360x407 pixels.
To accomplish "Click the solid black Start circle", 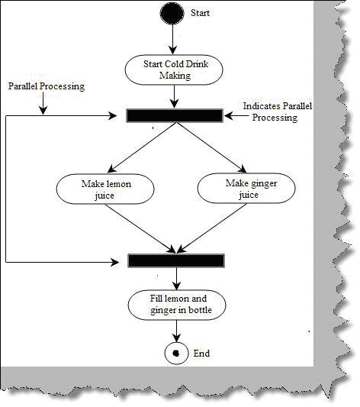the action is click(x=172, y=13).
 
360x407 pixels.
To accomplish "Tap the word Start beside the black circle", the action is click(x=200, y=13).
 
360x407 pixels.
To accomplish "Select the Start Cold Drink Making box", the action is click(x=174, y=69).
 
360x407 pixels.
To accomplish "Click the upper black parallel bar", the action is click(x=175, y=116).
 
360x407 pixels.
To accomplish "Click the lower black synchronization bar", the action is click(x=176, y=260).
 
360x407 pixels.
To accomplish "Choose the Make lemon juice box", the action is click(x=105, y=189).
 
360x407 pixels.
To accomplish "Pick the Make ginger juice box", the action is click(x=246, y=188).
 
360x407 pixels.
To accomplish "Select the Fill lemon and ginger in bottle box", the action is click(x=177, y=305).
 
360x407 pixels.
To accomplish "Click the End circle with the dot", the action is click(x=176, y=354).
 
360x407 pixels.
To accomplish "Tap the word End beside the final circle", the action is click(x=201, y=354).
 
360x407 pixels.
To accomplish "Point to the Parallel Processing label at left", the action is click(x=47, y=86).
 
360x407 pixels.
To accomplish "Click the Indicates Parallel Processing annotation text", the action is click(x=278, y=111).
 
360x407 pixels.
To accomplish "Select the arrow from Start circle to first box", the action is click(x=172, y=40).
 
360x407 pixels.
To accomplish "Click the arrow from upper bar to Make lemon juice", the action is click(x=142, y=147).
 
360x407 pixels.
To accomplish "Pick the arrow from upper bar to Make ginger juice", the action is click(x=212, y=147).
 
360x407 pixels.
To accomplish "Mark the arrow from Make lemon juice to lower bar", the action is click(x=140, y=228).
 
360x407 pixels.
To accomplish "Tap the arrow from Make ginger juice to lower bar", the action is click(x=212, y=228).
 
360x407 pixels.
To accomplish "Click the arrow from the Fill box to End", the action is click(x=176, y=331).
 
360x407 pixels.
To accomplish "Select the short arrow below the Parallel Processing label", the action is click(x=43, y=103).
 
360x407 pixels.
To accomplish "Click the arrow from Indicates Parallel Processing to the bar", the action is click(x=236, y=116).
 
